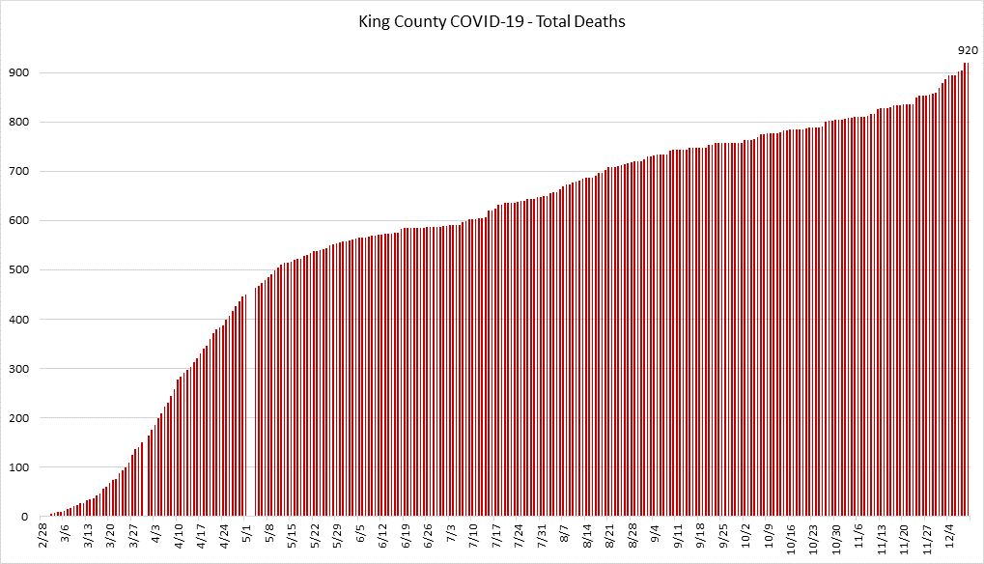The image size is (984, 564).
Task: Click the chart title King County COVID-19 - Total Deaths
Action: coord(492,21)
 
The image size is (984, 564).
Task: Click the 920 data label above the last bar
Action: coord(968,50)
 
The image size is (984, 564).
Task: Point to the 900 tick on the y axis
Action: coord(19,73)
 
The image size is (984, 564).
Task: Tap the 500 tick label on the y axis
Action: coord(19,270)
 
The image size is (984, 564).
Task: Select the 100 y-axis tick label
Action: coord(19,467)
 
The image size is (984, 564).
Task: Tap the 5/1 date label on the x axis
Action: coord(247,534)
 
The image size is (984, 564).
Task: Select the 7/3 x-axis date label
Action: coord(452,534)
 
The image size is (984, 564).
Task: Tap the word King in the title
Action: coord(374,21)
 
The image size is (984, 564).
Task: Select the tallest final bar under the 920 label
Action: coord(967,290)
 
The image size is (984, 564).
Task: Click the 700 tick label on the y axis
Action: coord(19,172)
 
